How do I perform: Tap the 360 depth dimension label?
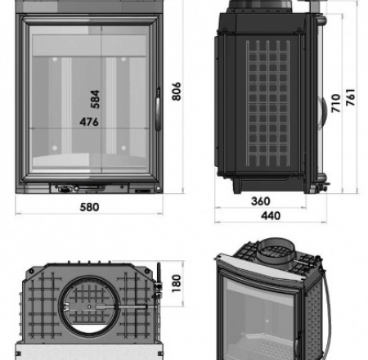(x=260, y=201)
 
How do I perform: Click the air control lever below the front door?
(x=65, y=187)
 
